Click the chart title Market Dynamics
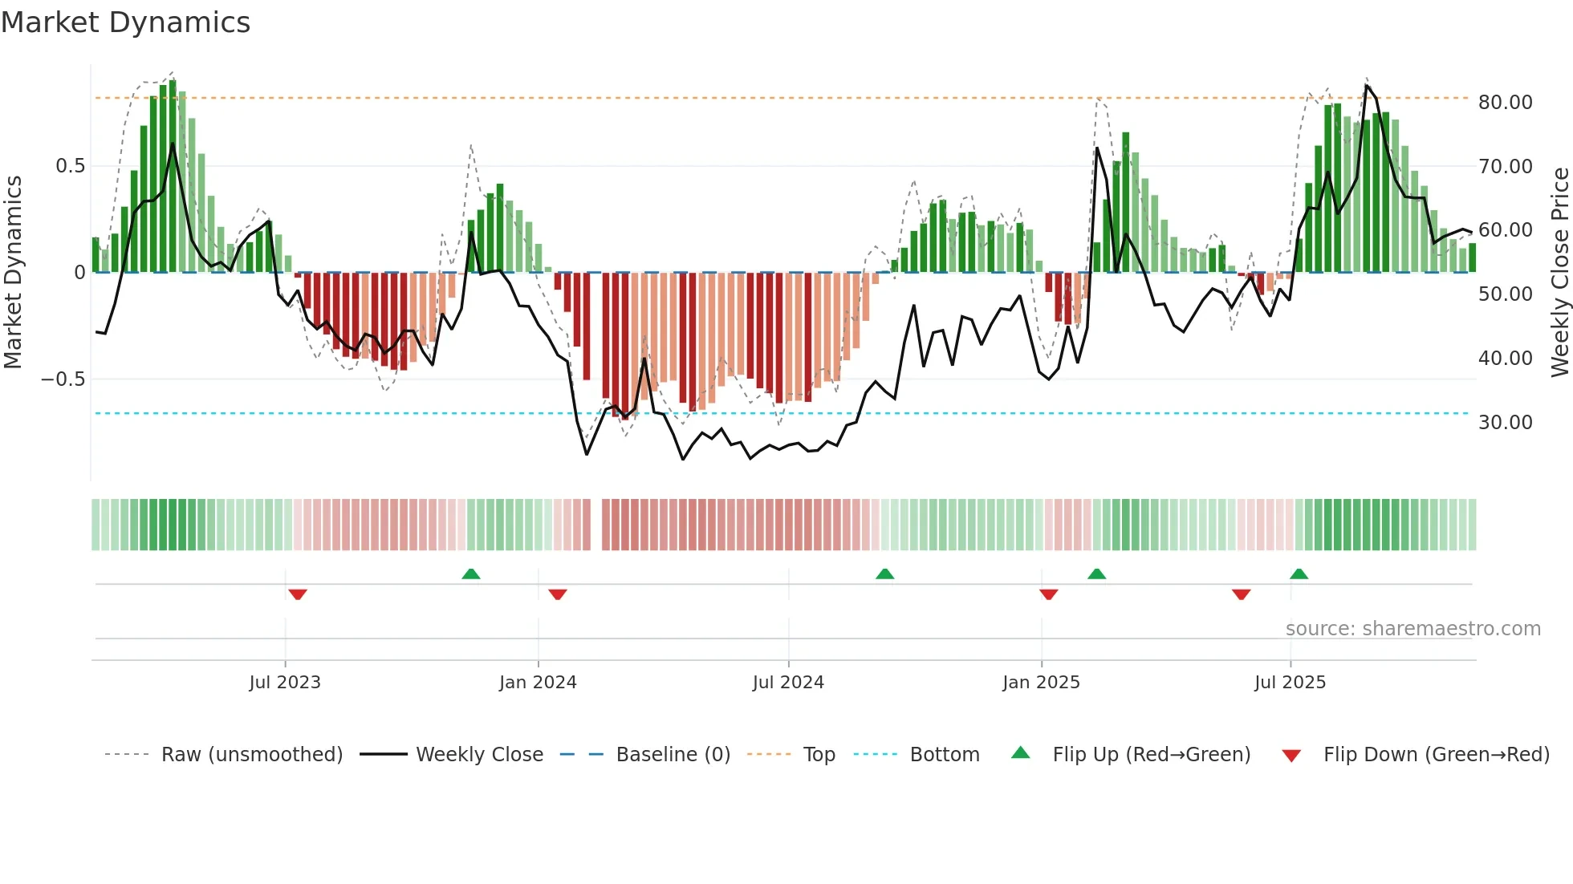125,22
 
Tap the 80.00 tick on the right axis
1505,103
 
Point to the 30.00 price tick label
1505,423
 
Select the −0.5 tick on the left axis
63,379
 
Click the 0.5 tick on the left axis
70,166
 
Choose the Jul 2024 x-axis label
787,683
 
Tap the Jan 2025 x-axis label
1040,683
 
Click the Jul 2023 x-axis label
284,683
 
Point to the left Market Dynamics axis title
13,273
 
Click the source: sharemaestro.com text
1412,629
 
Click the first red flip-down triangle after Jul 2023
298,594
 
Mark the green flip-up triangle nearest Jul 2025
1299,574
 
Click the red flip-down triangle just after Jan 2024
558,594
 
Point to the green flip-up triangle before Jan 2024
471,574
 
